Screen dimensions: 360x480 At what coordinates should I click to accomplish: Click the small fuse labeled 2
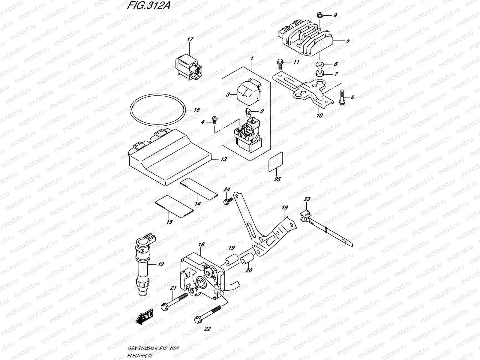(x=248, y=112)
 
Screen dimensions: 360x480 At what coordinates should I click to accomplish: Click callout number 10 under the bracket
(x=319, y=115)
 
